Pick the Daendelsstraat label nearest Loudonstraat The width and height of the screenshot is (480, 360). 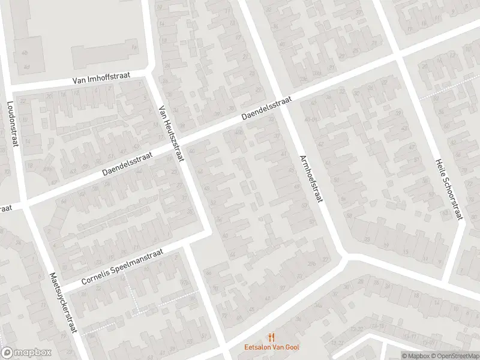(127, 163)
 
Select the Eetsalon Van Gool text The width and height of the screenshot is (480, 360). (272, 347)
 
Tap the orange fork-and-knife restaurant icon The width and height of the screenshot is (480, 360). (272, 337)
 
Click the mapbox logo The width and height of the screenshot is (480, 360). (26, 353)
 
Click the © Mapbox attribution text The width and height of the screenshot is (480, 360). (415, 355)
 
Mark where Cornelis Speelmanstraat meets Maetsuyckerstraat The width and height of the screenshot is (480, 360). (60, 287)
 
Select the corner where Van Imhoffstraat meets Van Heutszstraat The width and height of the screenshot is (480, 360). (151, 74)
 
